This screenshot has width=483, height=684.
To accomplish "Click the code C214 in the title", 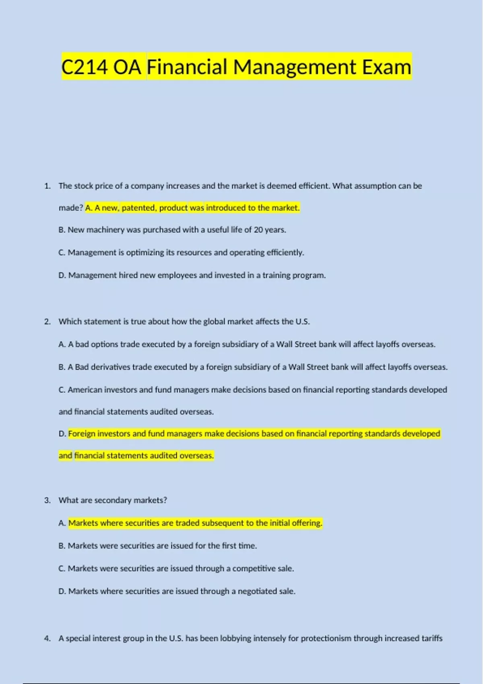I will coord(85,67).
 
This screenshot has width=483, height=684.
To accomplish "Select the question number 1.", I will coord(47,186).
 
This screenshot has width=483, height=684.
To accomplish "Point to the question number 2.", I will coord(47,321).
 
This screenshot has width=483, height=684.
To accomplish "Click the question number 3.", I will coord(47,500).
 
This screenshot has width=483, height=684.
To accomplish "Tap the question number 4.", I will coord(47,638).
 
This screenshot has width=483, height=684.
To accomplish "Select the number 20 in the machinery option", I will coord(258,230).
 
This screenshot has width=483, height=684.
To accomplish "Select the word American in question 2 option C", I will coord(85,389).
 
